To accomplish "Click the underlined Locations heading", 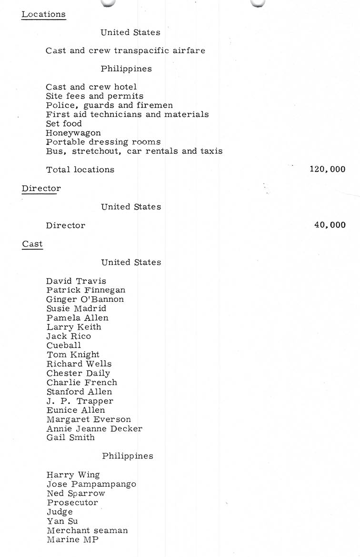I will (x=43, y=14).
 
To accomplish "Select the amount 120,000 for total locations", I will (x=327, y=169).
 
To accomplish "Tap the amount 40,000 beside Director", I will (x=330, y=225).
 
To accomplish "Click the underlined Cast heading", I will (x=32, y=244).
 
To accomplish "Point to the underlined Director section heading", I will (x=41, y=189).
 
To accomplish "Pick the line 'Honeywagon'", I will (x=73, y=133).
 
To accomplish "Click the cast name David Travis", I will (x=76, y=281).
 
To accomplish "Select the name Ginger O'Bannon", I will (x=85, y=299).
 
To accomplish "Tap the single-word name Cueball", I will (x=64, y=346).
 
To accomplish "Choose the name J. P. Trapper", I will (x=80, y=401).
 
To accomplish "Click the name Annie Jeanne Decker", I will (x=94, y=428).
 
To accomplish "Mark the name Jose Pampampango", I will (x=91, y=484).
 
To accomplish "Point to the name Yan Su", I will (x=62, y=521).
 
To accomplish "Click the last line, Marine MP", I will (x=72, y=540).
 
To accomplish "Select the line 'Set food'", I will (x=64, y=124).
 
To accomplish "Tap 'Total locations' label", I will (x=80, y=169).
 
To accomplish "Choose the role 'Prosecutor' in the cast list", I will (x=72, y=503).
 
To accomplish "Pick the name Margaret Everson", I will (x=89, y=419).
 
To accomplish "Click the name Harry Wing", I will (x=73, y=475).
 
